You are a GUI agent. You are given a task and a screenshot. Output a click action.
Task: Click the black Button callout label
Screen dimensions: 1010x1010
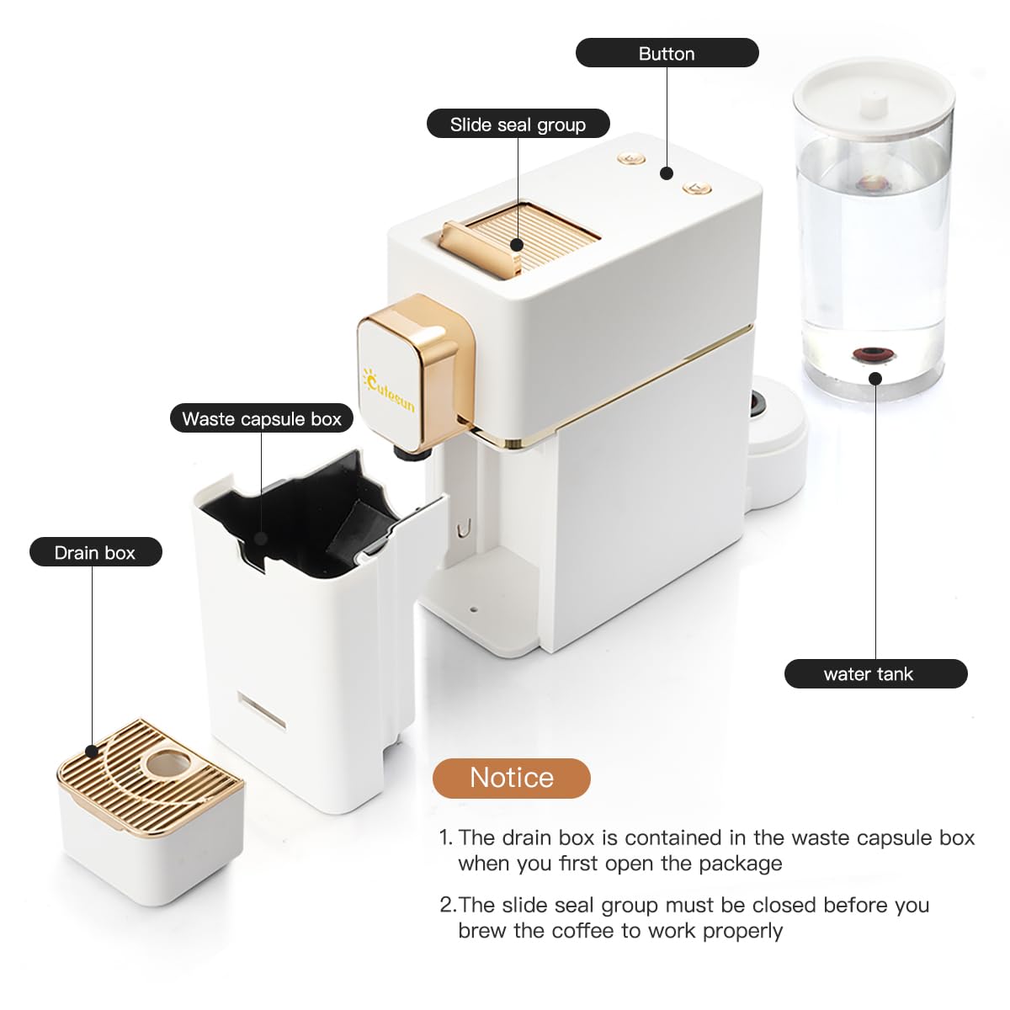[x=667, y=53]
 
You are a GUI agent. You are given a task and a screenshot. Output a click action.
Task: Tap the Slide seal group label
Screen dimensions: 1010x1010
[x=518, y=124]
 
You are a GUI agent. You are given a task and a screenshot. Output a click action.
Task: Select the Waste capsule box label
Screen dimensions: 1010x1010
[x=261, y=418]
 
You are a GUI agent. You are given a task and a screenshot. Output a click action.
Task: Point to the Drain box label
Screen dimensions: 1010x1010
[x=95, y=552]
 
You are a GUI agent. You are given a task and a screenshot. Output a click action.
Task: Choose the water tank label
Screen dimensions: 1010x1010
[x=875, y=673]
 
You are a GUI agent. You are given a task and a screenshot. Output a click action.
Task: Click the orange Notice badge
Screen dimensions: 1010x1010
[x=511, y=778]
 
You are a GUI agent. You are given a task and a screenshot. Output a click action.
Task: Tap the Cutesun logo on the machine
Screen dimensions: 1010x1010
[x=389, y=389]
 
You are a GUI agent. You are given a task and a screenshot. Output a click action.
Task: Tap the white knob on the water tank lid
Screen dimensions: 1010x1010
[x=874, y=104]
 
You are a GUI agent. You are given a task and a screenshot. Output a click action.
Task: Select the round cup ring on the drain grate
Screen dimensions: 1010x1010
[x=167, y=763]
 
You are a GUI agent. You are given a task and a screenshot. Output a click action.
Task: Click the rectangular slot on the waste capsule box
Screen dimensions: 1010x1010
[x=261, y=711]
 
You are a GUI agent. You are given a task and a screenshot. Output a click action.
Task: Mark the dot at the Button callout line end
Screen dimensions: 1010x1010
[x=667, y=173]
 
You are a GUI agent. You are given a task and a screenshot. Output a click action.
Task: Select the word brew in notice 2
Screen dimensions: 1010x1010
[x=483, y=931]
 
